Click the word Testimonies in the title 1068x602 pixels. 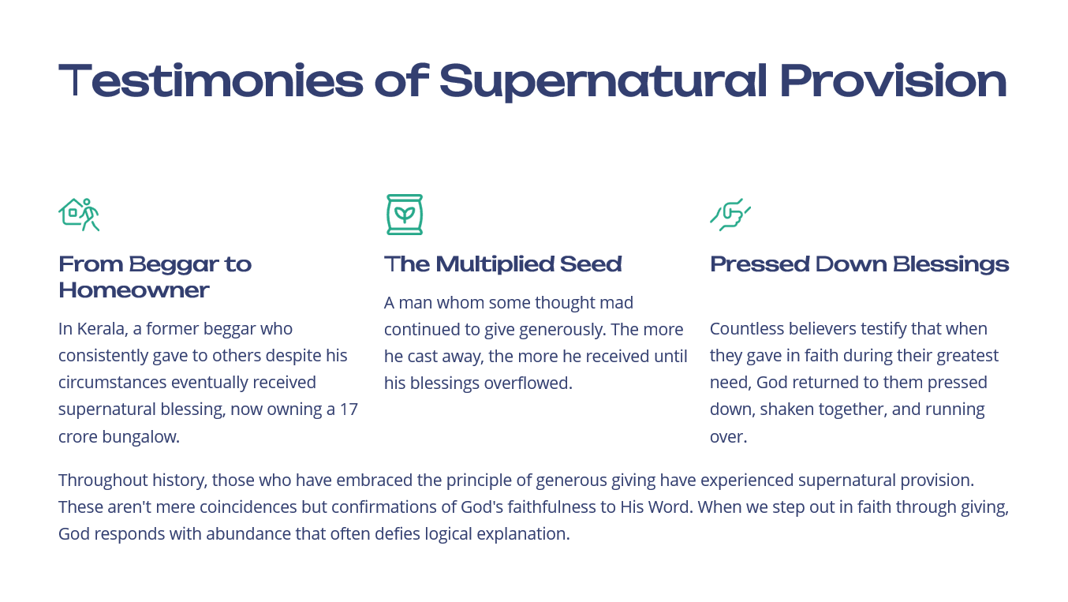click(211, 80)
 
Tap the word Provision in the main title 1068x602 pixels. click(894, 80)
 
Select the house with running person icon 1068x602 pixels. click(79, 215)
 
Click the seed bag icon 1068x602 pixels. click(405, 215)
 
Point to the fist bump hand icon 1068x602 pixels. click(730, 215)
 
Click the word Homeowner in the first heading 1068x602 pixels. click(134, 290)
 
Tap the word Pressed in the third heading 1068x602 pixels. click(760, 264)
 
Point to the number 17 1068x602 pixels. click(349, 409)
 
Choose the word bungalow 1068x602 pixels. click(140, 436)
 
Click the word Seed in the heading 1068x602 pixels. click(591, 264)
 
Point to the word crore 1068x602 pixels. click(78, 437)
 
